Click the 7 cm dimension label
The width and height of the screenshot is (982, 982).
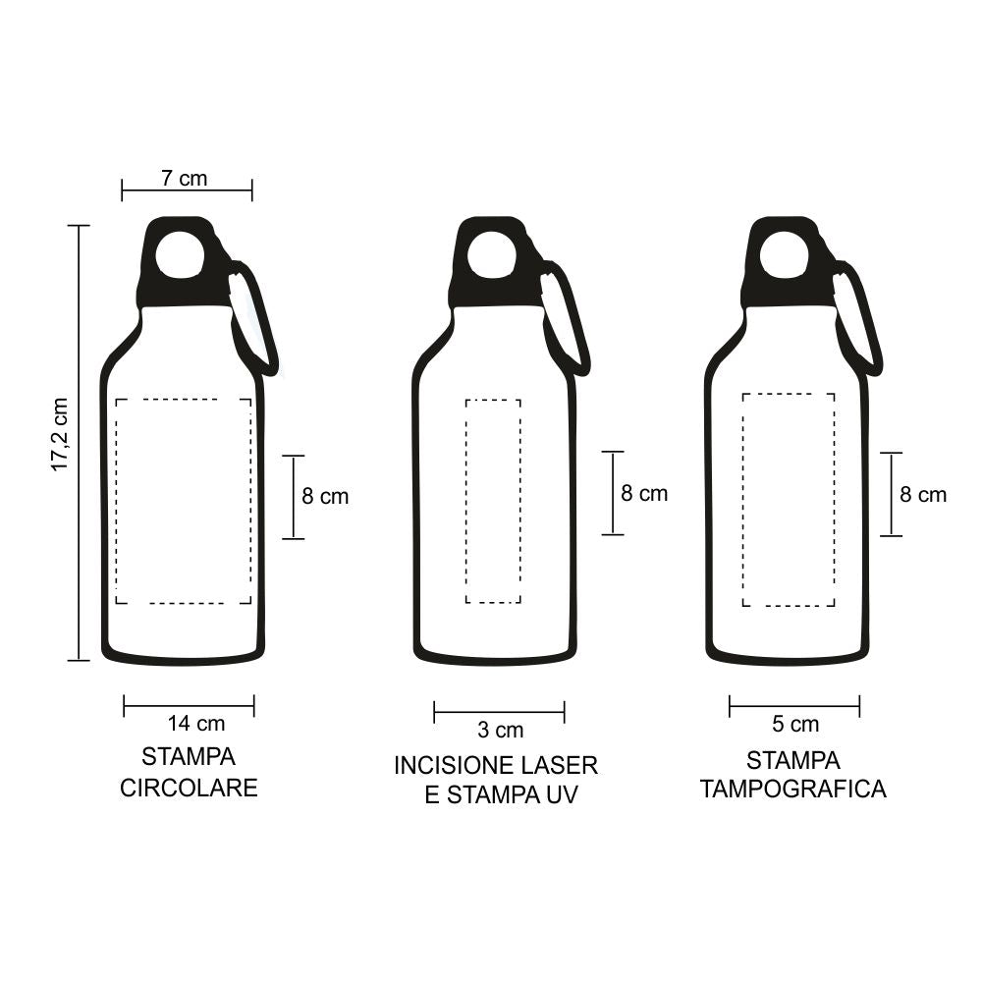pos(185,178)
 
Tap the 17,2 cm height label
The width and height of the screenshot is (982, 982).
pos(61,434)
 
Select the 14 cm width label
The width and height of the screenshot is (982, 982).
pos(196,725)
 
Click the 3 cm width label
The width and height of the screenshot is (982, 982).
pos(501,731)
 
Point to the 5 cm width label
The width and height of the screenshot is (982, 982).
pos(795,726)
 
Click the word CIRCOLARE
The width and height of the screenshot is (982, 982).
pos(189,788)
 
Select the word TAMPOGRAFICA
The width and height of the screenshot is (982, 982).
pos(793,790)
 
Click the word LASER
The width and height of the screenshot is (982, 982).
pos(559,765)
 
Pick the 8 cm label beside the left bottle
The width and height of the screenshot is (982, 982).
pos(325,497)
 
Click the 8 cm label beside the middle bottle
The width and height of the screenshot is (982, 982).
pos(644,494)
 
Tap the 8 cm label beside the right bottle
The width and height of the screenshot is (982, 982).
pos(924,495)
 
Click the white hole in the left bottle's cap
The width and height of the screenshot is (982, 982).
pos(181,254)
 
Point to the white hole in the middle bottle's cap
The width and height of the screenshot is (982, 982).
pos(492,255)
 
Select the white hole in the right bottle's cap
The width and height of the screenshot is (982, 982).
pos(784,256)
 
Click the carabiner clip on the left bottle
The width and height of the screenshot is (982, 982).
pos(253,319)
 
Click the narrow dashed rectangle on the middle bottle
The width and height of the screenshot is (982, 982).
pos(493,501)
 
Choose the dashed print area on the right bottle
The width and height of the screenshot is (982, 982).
pos(789,500)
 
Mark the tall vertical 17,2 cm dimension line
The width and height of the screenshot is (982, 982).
pos(78,442)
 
